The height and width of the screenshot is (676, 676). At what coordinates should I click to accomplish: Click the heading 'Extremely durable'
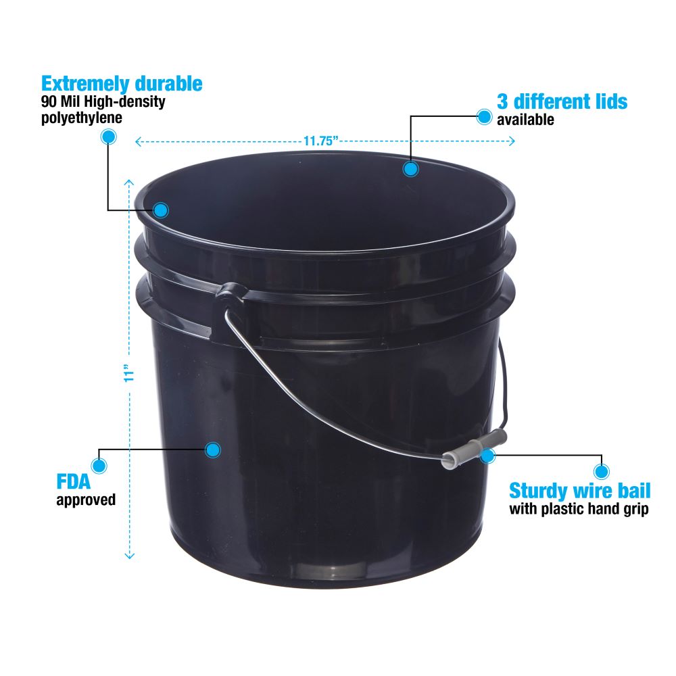click(x=122, y=84)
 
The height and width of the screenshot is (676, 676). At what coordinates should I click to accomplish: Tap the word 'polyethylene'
click(x=82, y=118)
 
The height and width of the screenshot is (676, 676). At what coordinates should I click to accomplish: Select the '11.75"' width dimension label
click(x=320, y=141)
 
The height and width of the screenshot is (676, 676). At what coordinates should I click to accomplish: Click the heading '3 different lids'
click(x=562, y=102)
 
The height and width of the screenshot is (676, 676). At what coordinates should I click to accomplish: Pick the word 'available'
click(x=525, y=120)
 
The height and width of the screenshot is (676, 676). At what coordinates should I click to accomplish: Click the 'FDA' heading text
click(x=74, y=481)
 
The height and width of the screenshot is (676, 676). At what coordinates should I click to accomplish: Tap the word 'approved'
click(x=86, y=500)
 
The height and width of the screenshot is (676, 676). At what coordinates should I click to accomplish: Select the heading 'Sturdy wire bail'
click(x=580, y=491)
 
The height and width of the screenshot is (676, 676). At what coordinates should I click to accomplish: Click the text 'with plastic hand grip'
click(x=579, y=509)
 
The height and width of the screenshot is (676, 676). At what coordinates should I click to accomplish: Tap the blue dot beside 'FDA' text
click(x=99, y=466)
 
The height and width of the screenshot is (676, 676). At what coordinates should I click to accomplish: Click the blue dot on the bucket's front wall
click(x=212, y=450)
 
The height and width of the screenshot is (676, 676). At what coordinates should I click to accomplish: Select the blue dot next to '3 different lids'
click(x=484, y=116)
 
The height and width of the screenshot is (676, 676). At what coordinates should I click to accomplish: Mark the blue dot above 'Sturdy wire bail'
click(x=602, y=471)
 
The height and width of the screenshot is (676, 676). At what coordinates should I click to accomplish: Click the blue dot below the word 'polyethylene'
click(x=108, y=137)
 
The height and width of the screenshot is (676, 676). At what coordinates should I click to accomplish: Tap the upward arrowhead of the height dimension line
click(x=129, y=183)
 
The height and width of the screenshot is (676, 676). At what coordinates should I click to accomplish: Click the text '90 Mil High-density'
click(x=103, y=102)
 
